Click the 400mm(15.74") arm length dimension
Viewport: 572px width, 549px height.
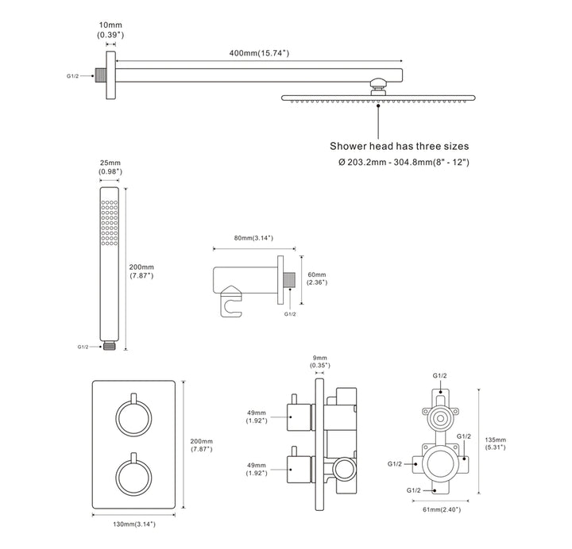point(259,53)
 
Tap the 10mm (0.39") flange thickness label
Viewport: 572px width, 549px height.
point(110,30)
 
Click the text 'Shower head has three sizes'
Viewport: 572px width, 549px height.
point(399,146)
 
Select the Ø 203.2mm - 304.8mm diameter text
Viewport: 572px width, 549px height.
point(404,162)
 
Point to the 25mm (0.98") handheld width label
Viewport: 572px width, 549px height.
point(110,167)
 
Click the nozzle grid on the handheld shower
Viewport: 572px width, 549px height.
point(110,222)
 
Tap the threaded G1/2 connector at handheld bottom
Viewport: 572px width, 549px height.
point(109,346)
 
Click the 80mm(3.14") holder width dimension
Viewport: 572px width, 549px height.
point(253,238)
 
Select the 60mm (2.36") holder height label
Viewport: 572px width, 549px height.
point(317,278)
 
